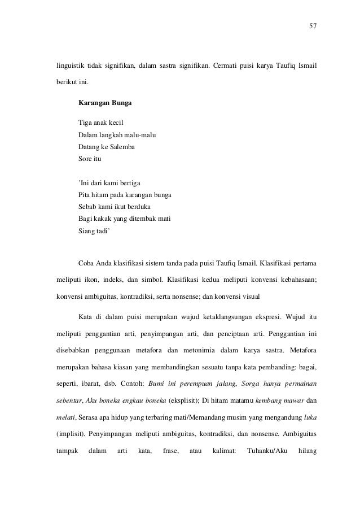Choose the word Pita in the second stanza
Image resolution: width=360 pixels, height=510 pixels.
click(85, 195)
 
